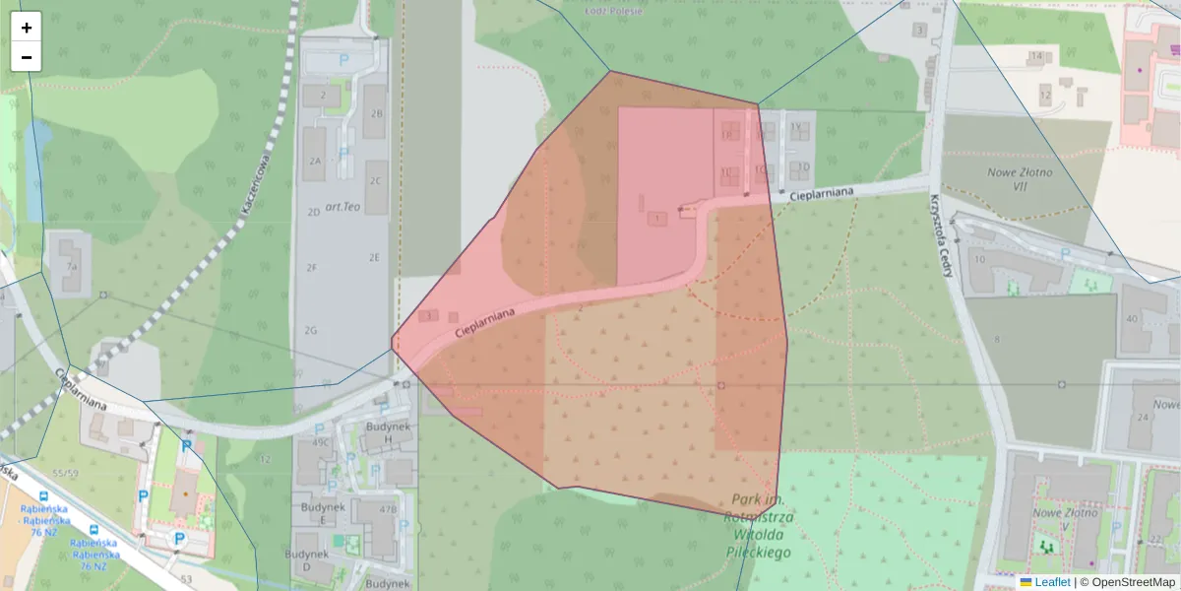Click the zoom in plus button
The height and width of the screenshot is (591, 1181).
click(27, 28)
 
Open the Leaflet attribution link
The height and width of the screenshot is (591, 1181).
click(1052, 582)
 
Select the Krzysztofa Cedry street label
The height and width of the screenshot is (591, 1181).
click(939, 234)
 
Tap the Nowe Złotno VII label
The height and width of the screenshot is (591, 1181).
click(1020, 179)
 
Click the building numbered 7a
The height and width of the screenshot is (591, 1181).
click(71, 266)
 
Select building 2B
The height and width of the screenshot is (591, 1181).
click(375, 114)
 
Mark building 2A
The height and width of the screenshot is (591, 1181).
click(315, 161)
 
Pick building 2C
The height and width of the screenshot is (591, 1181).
click(375, 180)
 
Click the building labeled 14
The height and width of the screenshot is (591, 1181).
click(1036, 56)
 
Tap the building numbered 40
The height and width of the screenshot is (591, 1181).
click(1132, 318)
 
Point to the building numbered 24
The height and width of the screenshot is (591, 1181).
click(1144, 417)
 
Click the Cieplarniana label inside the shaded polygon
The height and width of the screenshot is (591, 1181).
click(486, 325)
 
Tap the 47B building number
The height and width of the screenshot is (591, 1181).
click(389, 510)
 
